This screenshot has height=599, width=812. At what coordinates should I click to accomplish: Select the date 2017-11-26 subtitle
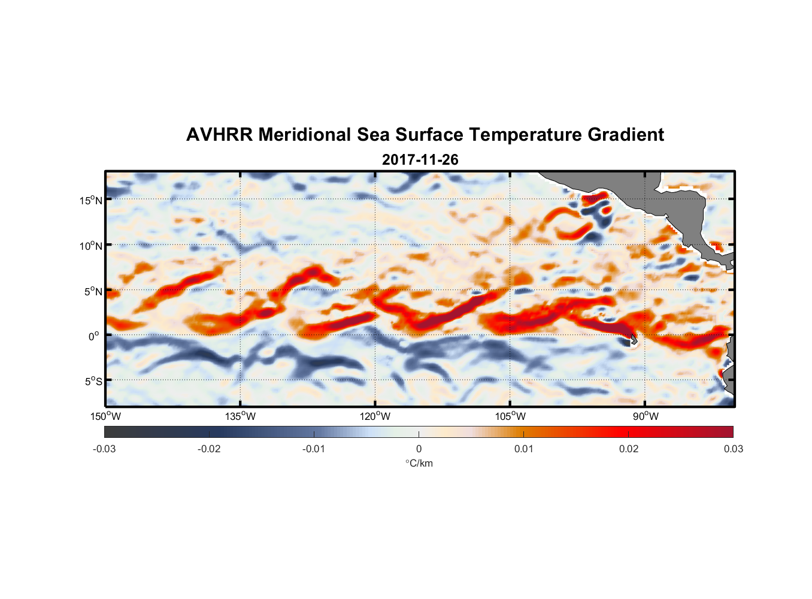[x=420, y=160]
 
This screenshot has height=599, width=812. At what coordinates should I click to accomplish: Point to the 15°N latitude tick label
[x=90, y=200]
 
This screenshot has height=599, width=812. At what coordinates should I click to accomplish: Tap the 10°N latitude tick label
[x=90, y=246]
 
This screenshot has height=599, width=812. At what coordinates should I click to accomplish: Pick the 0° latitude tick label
[x=94, y=337]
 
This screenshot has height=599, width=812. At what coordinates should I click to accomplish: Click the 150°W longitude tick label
[x=105, y=416]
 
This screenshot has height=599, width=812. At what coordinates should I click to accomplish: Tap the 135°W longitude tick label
[x=240, y=416]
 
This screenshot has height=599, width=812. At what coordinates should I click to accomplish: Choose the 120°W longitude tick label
[x=375, y=416]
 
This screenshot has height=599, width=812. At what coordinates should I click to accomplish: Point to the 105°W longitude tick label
[x=510, y=416]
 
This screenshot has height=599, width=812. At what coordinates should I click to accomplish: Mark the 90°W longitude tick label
[x=646, y=416]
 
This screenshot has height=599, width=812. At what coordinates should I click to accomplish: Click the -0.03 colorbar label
[x=104, y=449]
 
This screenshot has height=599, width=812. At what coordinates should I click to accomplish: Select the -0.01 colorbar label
[x=314, y=449]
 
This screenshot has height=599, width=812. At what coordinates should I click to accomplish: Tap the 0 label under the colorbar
[x=419, y=449]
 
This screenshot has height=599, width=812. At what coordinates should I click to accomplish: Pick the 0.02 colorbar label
[x=629, y=449]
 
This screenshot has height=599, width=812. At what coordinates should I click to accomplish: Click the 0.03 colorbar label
[x=733, y=449]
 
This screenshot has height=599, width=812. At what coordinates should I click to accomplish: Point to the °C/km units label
[x=419, y=463]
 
